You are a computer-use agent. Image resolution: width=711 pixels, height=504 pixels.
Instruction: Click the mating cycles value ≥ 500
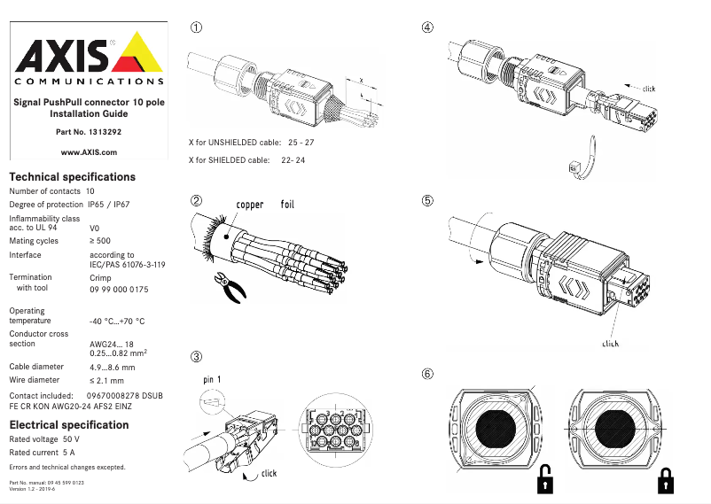pyautogui.click(x=100, y=240)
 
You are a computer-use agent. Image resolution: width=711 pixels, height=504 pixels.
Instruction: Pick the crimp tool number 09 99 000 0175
pyautogui.click(x=119, y=290)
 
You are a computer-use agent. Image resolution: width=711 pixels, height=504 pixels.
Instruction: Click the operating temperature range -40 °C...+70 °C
pyautogui.click(x=117, y=322)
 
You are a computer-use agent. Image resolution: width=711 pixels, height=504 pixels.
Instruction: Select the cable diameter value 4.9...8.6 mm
pyautogui.click(x=113, y=367)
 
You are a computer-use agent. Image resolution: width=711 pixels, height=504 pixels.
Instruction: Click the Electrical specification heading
pyautogui.click(x=68, y=425)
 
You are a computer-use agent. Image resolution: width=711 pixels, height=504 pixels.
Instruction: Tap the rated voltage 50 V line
pyautogui.click(x=44, y=439)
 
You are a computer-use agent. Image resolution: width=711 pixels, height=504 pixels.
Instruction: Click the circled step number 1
pyautogui.click(x=197, y=27)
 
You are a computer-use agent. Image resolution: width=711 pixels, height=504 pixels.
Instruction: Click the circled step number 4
pyautogui.click(x=427, y=27)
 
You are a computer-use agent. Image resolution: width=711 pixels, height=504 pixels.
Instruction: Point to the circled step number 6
pyautogui.click(x=427, y=374)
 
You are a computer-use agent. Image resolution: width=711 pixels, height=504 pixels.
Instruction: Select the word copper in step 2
pyautogui.click(x=249, y=205)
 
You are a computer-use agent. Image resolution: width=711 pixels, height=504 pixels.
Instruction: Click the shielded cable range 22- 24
pyautogui.click(x=293, y=160)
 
